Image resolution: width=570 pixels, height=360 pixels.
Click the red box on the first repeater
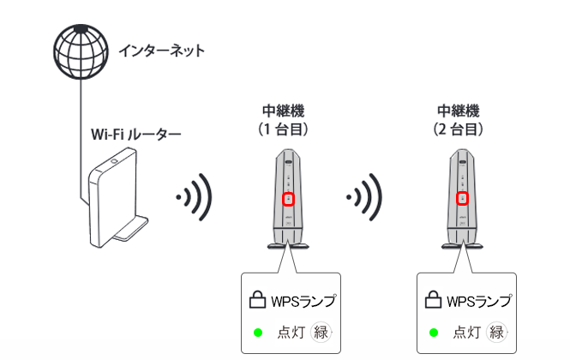point(289,200)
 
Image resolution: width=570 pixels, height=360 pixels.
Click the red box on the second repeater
point(464,200)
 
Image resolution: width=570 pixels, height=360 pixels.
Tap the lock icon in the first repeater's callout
point(256,300)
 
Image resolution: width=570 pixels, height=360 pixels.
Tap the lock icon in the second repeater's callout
point(434,300)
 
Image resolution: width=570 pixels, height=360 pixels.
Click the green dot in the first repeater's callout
point(256,333)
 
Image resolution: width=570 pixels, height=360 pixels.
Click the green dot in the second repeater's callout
point(434,333)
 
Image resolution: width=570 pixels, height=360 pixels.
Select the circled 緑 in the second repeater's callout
point(497,333)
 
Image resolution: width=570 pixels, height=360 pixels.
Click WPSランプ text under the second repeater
point(479,301)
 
